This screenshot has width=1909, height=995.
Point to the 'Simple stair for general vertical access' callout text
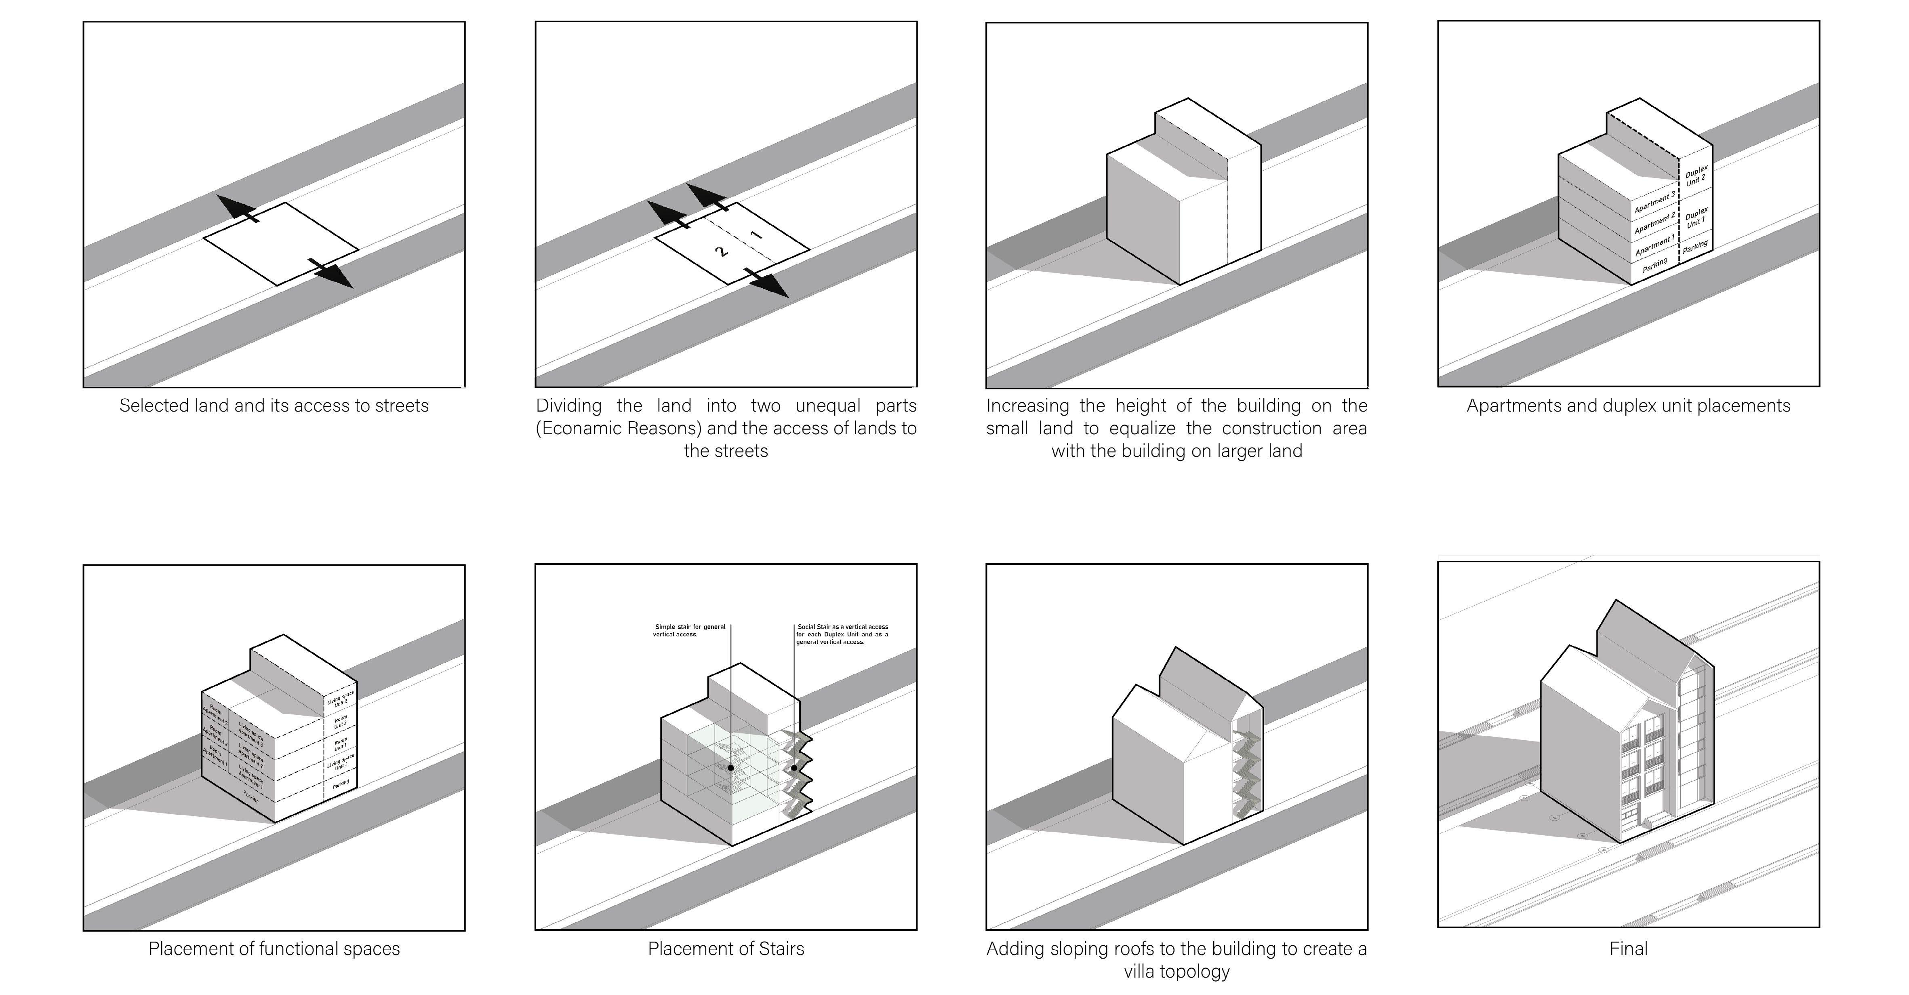pyautogui.click(x=689, y=630)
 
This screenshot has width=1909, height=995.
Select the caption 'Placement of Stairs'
pyautogui.click(x=726, y=948)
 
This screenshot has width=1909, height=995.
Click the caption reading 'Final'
pyautogui.click(x=1628, y=948)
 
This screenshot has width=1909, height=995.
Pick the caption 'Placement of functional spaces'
pyautogui.click(x=274, y=948)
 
